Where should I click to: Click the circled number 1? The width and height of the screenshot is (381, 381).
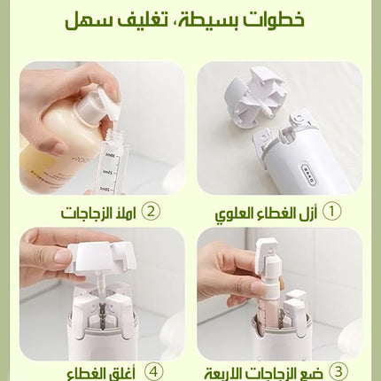[330, 213]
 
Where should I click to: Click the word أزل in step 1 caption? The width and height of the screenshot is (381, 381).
[307, 213]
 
